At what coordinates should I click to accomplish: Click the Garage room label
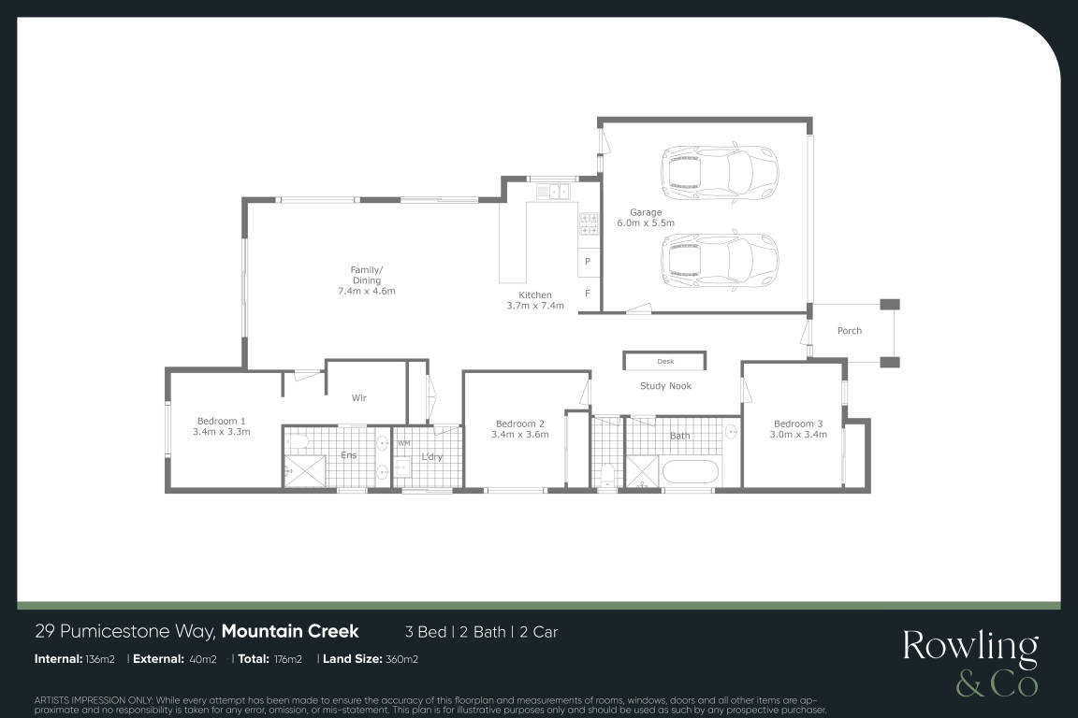click(x=646, y=212)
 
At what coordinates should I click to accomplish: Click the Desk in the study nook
click(x=664, y=362)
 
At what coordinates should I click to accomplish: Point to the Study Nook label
click(x=665, y=386)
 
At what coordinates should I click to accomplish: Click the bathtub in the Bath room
click(x=691, y=473)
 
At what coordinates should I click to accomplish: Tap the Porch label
click(x=849, y=331)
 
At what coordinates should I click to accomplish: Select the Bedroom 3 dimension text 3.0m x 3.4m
click(x=798, y=434)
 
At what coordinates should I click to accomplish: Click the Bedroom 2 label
click(x=519, y=424)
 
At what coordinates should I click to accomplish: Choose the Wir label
click(x=359, y=398)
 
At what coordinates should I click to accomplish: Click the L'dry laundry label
click(x=431, y=457)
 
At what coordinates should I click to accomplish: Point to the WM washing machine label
click(x=403, y=444)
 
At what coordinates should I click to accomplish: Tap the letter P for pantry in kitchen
click(x=587, y=262)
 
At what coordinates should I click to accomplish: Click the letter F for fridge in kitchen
click(x=587, y=294)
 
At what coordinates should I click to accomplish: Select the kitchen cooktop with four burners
click(x=589, y=222)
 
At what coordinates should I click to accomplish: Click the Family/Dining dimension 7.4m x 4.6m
click(x=367, y=291)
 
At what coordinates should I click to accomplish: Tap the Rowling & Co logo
click(x=970, y=664)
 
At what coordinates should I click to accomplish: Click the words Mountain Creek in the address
click(x=290, y=631)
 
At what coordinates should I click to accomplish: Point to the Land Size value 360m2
click(x=401, y=659)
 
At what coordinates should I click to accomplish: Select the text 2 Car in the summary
click(x=538, y=632)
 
